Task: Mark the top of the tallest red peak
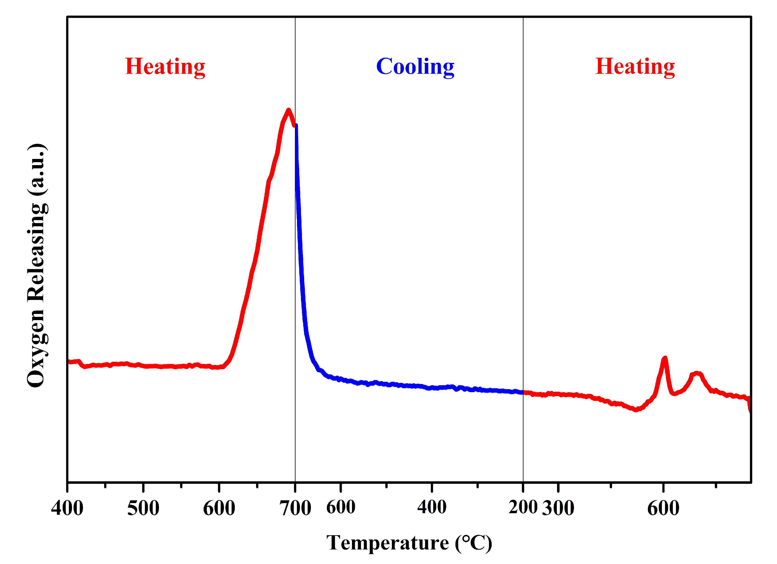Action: click(289, 110)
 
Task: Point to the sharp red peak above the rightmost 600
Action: click(665, 358)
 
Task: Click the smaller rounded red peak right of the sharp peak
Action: click(697, 373)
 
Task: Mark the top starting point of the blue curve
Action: click(296, 126)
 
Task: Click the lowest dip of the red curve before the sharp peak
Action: click(636, 410)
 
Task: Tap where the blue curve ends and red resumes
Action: click(523, 392)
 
